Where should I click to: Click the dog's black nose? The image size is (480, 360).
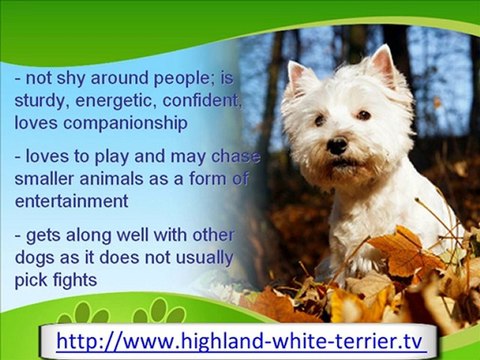[337, 146]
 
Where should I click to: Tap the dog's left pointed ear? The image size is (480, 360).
[299, 77]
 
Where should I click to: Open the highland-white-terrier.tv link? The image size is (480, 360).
[240, 341]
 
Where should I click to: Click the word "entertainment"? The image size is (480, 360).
[70, 200]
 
